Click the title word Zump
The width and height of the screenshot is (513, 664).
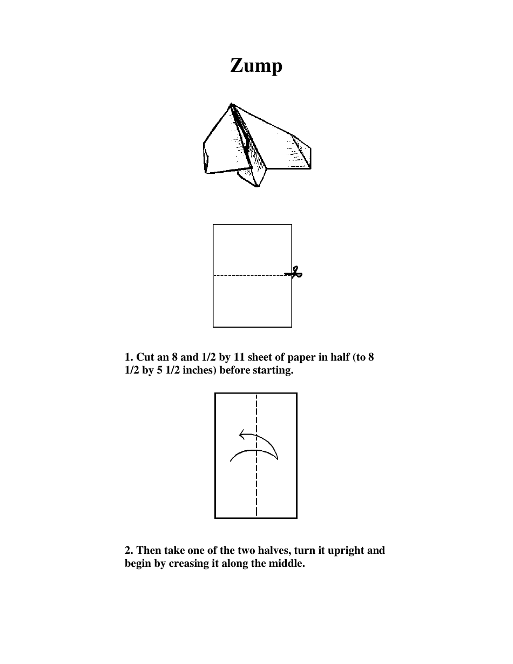pyautogui.click(x=256, y=66)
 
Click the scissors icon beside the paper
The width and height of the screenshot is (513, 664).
pyautogui.click(x=295, y=274)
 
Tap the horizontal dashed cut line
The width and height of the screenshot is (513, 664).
pyautogui.click(x=248, y=275)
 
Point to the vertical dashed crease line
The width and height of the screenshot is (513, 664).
pyautogui.click(x=256, y=486)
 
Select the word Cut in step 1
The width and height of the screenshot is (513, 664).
pyautogui.click(x=145, y=358)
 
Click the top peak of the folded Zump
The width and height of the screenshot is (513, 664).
pyautogui.click(x=231, y=104)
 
